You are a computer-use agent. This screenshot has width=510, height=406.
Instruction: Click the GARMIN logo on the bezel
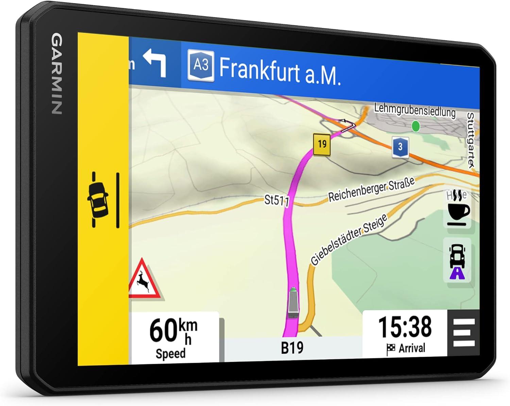click(56, 74)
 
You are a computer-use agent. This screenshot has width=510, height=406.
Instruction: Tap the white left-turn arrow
click(155, 62)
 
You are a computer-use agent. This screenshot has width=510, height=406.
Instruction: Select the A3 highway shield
click(201, 65)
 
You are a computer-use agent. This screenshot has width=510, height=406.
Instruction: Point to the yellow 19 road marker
click(322, 145)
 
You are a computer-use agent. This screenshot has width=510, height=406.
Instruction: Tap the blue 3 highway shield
click(400, 147)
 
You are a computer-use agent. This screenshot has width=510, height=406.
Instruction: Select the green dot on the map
click(415, 126)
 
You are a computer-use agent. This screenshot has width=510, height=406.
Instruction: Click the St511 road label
click(276, 200)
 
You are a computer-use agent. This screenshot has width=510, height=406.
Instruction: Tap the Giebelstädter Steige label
click(349, 240)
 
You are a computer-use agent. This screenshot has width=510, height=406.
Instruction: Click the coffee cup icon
click(458, 212)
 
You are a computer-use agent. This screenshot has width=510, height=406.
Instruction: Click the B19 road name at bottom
click(292, 347)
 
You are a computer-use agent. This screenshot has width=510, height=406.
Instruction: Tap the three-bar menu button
click(464, 332)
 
